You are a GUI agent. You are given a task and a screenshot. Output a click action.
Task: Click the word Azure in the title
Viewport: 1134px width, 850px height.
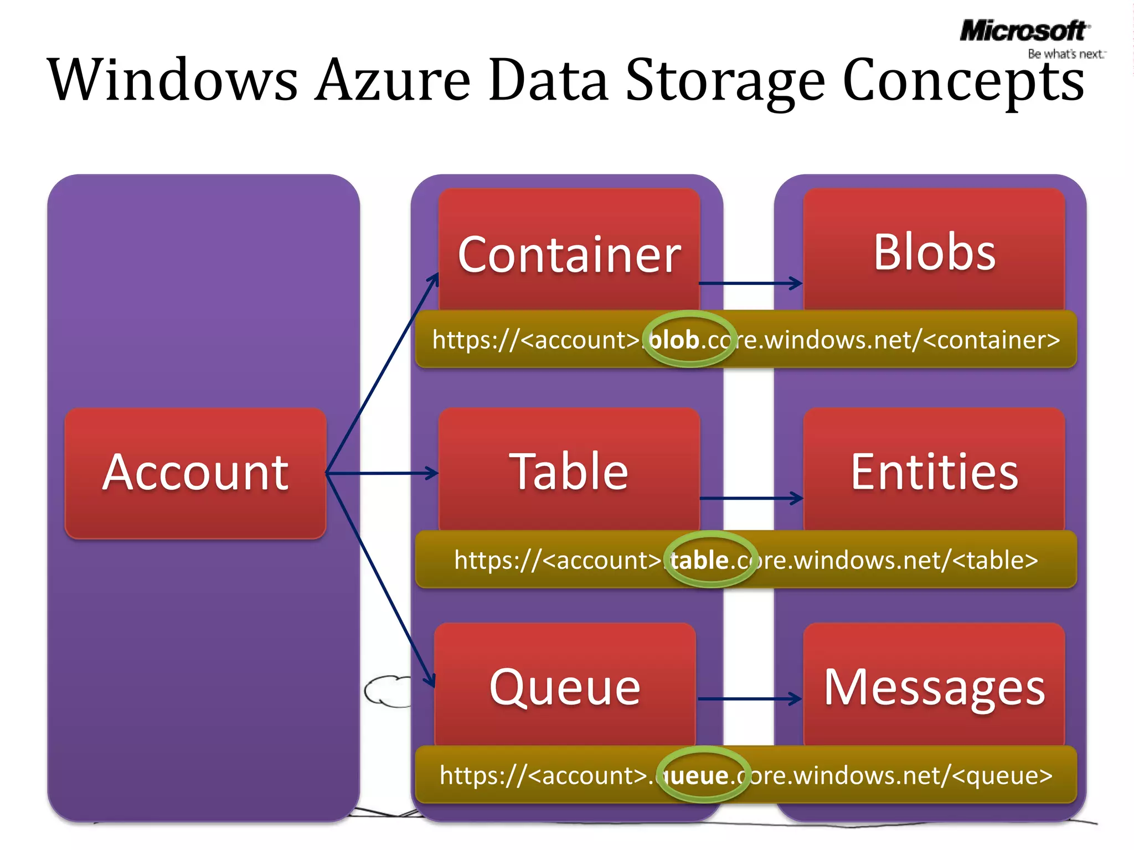pyautogui.click(x=393, y=81)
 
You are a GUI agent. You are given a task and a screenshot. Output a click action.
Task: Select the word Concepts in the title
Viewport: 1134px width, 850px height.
pyautogui.click(x=963, y=81)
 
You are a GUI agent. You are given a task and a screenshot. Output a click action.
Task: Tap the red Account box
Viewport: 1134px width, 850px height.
pyautogui.click(x=195, y=473)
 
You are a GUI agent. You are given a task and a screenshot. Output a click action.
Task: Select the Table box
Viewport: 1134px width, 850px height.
pyautogui.click(x=569, y=470)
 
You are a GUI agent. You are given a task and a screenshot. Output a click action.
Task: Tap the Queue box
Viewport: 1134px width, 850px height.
pyautogui.click(x=565, y=686)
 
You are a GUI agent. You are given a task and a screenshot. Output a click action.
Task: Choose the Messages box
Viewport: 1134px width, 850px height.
pyautogui.click(x=934, y=686)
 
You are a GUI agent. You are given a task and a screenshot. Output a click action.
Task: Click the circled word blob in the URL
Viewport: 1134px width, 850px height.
pyautogui.click(x=674, y=339)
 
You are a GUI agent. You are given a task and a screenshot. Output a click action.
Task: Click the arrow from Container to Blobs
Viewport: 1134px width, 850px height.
pyautogui.click(x=750, y=283)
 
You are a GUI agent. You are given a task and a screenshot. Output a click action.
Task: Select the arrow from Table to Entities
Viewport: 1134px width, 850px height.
pyautogui.click(x=750, y=498)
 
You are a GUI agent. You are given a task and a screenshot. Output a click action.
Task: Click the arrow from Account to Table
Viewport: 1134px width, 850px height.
pyautogui.click(x=382, y=473)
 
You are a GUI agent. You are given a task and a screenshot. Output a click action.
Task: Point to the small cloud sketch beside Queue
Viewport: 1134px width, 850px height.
pyautogui.click(x=386, y=691)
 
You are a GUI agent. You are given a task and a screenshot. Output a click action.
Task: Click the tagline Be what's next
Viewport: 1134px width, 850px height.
pyautogui.click(x=1065, y=54)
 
